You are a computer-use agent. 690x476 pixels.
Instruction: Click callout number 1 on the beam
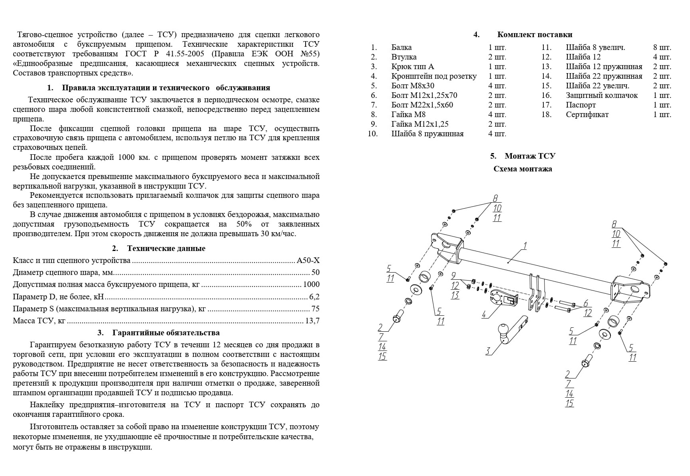(x=525, y=245)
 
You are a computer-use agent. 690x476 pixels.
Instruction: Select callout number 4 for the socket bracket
(x=485, y=314)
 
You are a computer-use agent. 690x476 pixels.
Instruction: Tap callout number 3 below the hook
(x=488, y=351)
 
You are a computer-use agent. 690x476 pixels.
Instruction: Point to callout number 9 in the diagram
(x=454, y=276)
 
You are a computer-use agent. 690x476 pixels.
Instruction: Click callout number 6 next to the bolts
(x=586, y=303)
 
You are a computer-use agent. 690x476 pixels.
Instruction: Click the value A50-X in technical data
(x=308, y=261)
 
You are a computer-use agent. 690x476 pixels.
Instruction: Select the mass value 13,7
(x=312, y=321)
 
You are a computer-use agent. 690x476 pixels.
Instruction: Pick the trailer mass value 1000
(x=311, y=285)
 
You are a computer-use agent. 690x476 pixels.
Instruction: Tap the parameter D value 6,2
(x=314, y=297)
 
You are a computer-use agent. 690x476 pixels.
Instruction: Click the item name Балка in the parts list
(x=402, y=48)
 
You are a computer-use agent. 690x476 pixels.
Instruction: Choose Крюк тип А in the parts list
(x=412, y=67)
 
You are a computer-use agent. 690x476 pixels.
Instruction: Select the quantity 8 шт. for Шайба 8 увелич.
(x=662, y=48)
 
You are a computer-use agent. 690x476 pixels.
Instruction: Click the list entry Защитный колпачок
(x=601, y=96)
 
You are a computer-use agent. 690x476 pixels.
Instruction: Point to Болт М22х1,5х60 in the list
(x=422, y=105)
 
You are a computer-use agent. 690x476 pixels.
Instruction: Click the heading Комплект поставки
(x=535, y=35)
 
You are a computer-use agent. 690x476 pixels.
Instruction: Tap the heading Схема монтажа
(x=523, y=169)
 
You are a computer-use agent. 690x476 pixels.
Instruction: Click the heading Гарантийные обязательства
(x=166, y=333)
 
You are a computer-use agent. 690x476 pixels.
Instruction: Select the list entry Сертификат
(x=587, y=115)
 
